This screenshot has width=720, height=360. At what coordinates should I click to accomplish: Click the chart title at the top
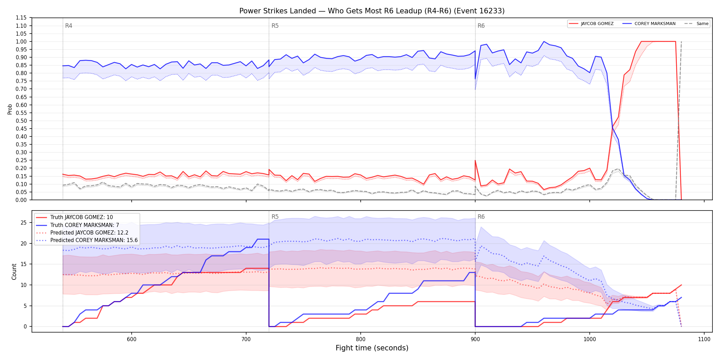[372, 11]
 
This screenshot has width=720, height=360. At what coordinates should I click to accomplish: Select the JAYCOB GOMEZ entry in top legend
[591, 24]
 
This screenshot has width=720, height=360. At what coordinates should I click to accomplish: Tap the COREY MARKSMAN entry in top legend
[649, 24]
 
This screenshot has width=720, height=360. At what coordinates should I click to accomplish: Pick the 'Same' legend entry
[696, 24]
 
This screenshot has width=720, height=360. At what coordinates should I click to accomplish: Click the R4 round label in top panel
[69, 26]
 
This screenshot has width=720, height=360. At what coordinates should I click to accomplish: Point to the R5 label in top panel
[275, 26]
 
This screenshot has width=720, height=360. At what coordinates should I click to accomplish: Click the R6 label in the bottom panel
[481, 217]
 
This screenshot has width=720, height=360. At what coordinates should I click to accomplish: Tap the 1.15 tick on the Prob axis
[21, 18]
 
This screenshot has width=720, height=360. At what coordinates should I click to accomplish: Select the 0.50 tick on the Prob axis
[21, 121]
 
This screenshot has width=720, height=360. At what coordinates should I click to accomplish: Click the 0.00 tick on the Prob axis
[21, 200]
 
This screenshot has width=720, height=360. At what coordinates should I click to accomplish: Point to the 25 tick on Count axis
[23, 223]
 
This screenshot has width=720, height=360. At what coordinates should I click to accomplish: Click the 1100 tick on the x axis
[704, 339]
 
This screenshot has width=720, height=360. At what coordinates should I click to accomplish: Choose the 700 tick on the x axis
[246, 339]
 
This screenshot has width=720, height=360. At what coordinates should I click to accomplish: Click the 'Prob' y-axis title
[10, 109]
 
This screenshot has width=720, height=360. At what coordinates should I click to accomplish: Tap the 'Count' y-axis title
[14, 272]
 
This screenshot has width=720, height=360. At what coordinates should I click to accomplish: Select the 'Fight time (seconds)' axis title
[372, 348]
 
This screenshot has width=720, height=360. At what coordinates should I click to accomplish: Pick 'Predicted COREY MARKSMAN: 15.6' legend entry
[87, 240]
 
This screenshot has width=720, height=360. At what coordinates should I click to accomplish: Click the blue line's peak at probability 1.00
[544, 41]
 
